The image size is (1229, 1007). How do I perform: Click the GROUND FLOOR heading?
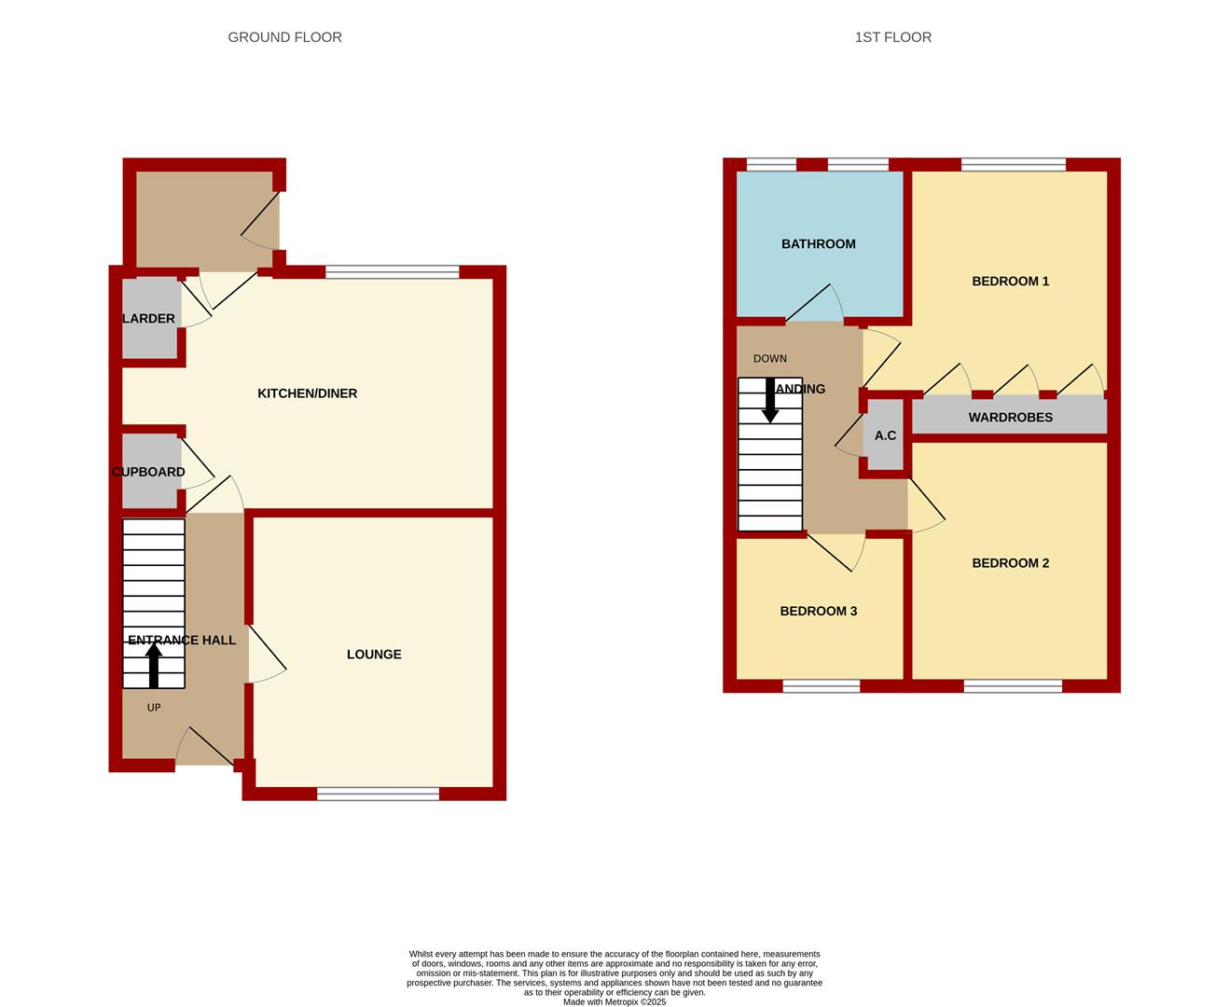coord(284,37)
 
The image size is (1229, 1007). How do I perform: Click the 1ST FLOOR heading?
coord(892,37)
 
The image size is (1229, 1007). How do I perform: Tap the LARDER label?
coord(148,319)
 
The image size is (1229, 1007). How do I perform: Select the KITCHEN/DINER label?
coord(307,393)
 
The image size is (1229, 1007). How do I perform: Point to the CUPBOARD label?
coord(148,472)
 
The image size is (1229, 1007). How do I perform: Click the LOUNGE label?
coord(374,655)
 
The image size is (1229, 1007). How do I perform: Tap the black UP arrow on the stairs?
coord(154,666)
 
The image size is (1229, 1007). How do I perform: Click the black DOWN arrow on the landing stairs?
coord(770,401)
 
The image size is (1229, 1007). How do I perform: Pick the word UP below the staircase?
coord(154,708)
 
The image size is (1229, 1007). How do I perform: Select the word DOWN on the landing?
coord(770,358)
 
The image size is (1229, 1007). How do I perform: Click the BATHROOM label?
coord(818,244)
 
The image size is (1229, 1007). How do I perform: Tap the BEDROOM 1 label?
coord(1011,282)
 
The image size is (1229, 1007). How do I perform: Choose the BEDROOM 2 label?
coord(1011,563)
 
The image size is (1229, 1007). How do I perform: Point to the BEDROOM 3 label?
coord(818,612)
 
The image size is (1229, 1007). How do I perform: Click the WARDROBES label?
coord(1011,418)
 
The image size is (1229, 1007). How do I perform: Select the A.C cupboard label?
coord(885,435)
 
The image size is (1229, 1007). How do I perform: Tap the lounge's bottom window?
coord(379,793)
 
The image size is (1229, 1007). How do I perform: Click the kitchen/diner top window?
coord(393,272)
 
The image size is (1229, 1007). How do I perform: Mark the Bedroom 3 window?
coord(822,686)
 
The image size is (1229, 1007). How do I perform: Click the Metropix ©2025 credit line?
coord(614,1001)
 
